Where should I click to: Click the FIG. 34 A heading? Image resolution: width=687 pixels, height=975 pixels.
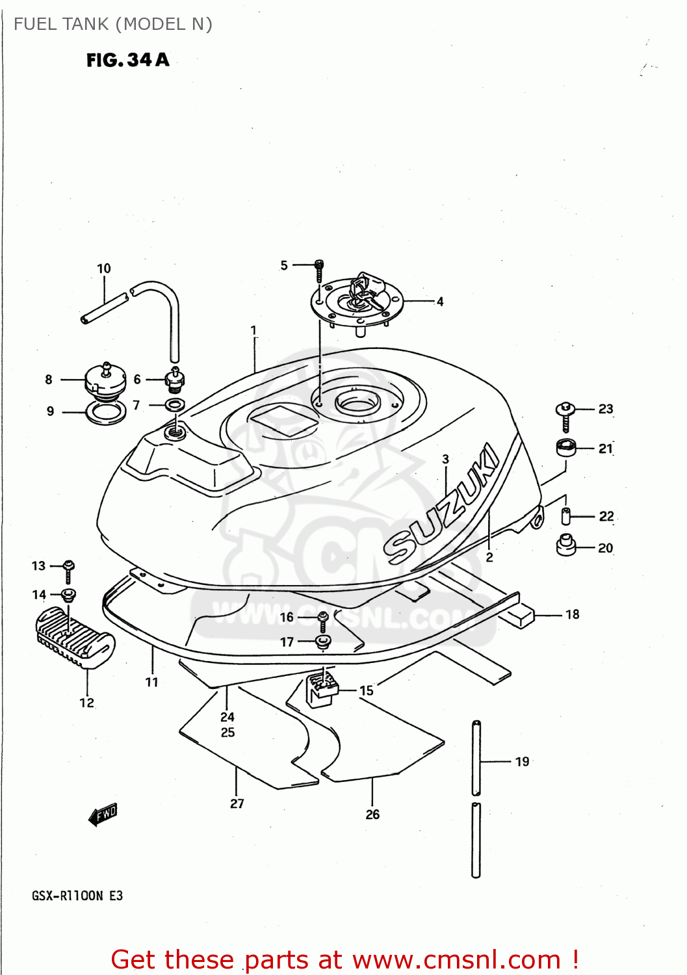(x=127, y=60)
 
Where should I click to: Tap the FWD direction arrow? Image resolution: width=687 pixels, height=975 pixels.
(x=103, y=814)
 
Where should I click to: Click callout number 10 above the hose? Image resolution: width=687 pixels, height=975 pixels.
(x=104, y=268)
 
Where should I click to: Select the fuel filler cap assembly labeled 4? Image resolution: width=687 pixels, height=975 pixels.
(x=357, y=301)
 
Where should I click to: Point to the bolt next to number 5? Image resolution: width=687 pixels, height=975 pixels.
(x=319, y=270)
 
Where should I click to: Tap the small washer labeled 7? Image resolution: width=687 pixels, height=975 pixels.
(x=174, y=406)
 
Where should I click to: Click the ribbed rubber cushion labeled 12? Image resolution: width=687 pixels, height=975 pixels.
(x=75, y=636)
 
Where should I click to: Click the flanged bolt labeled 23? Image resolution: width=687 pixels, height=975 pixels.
(x=565, y=414)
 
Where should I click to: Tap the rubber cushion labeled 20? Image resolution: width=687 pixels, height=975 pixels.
(x=566, y=545)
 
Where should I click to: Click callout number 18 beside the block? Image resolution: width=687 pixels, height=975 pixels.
(x=572, y=614)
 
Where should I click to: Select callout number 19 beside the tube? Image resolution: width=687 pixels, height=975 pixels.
(x=522, y=761)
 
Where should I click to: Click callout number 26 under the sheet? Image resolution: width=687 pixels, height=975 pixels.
(x=372, y=814)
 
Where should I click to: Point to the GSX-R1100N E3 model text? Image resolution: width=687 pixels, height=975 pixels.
(x=77, y=896)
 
